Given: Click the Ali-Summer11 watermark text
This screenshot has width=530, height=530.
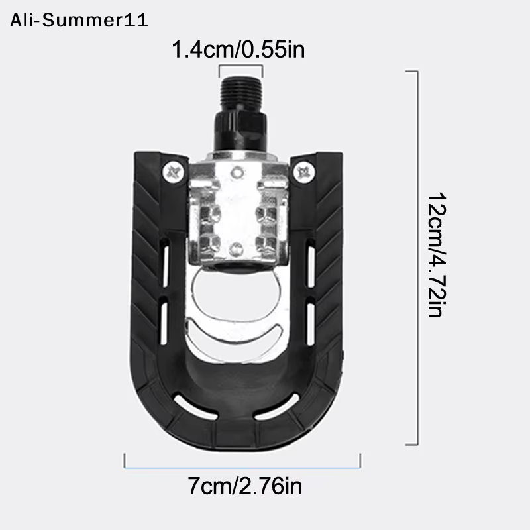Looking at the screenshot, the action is click(79, 21).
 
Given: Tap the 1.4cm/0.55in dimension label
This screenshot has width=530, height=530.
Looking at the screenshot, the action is click(238, 49).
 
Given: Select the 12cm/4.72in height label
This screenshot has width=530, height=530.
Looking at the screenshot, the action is click(437, 255).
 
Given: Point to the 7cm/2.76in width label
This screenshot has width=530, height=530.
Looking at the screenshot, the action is click(244, 486).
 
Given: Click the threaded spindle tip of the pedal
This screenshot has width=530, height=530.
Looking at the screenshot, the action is click(241, 92).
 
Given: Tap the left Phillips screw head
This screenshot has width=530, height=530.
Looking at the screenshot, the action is click(174, 173).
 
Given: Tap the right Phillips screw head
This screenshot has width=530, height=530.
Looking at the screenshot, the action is click(304, 173).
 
